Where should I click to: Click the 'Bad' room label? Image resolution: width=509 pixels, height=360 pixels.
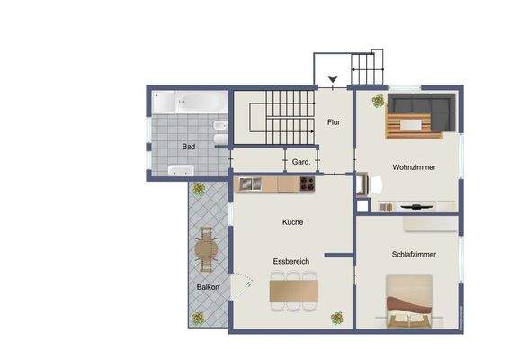point(188,146)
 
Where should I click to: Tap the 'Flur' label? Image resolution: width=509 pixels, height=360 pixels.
point(334,121)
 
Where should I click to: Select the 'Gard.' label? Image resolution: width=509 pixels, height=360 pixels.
point(301,162)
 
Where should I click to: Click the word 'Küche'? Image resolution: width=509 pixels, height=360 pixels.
point(292,221)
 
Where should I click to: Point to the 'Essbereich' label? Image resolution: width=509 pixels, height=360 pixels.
point(291,261)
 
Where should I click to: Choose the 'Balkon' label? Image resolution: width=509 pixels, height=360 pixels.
point(208,287)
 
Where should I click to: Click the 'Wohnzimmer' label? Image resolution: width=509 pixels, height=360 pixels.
point(415,167)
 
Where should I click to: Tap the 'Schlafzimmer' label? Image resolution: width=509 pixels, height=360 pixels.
point(415,254)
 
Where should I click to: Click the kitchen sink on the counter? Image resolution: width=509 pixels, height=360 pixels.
point(248,184)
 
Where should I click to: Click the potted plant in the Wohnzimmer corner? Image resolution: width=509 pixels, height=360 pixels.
point(375,100)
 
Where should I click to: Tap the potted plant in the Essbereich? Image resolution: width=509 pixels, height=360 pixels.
point(337,317)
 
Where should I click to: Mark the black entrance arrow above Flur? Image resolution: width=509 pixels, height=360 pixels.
point(334,81)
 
